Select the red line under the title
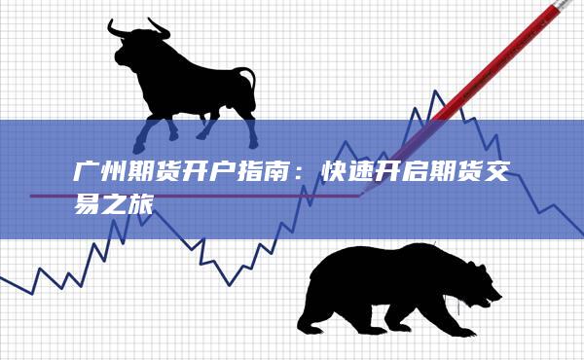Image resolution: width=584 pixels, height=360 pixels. point(195,196)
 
